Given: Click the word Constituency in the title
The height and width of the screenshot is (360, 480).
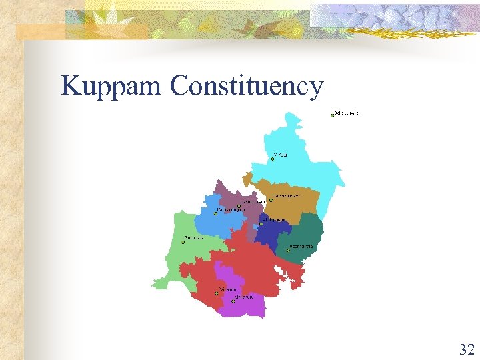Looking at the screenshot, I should click(x=247, y=87).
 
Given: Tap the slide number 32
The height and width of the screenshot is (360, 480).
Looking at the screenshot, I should click(x=467, y=349).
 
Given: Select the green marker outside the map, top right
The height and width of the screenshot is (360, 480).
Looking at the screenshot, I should click(x=332, y=115).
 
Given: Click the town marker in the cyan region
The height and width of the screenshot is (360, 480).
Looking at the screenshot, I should click(x=273, y=159).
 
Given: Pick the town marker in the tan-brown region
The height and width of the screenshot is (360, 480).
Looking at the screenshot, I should click(x=271, y=199).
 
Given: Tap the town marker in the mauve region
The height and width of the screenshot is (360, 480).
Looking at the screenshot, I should click(x=239, y=206).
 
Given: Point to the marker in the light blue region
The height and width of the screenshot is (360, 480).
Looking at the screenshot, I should click(x=215, y=214).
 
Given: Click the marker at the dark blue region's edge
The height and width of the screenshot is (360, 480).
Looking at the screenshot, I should click(x=261, y=223).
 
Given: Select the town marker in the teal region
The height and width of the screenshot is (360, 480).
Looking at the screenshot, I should click(x=288, y=251).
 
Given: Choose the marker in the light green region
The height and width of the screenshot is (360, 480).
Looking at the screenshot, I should click(x=183, y=242).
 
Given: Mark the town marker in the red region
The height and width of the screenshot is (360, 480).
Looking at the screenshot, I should click(x=216, y=293).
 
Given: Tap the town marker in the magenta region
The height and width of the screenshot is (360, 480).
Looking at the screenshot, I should click(x=233, y=301).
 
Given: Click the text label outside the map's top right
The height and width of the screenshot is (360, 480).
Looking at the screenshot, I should click(x=347, y=113).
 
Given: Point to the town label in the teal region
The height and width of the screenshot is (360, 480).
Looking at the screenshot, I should click(x=302, y=247).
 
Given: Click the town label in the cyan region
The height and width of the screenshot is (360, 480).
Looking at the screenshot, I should click(x=281, y=155).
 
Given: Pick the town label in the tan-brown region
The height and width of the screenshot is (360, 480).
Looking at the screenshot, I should click(x=288, y=196).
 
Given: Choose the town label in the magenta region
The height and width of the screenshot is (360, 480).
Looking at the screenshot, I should click(x=245, y=297).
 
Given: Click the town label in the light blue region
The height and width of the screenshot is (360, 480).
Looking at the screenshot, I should click(x=231, y=210).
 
